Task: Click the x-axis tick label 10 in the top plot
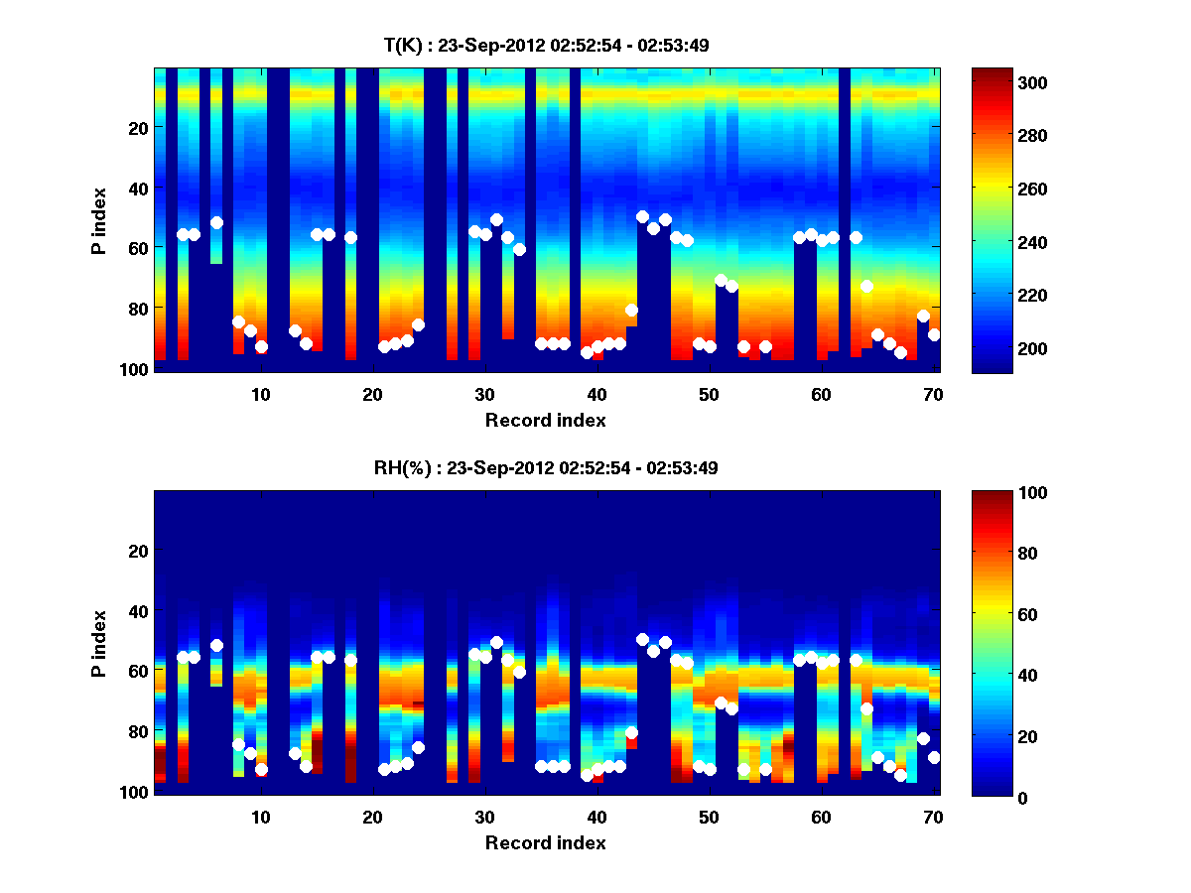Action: [x=260, y=394]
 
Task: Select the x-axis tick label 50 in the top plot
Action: [x=708, y=394]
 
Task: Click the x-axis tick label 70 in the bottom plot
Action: [x=932, y=817]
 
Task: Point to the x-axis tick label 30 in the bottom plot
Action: [x=484, y=817]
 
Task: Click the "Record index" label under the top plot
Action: [x=546, y=420]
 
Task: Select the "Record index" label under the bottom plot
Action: [x=546, y=842]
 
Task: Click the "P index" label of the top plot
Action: [x=99, y=220]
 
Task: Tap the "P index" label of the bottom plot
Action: [x=99, y=643]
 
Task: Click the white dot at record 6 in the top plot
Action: [x=216, y=222]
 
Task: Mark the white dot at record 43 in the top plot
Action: [x=631, y=310]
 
